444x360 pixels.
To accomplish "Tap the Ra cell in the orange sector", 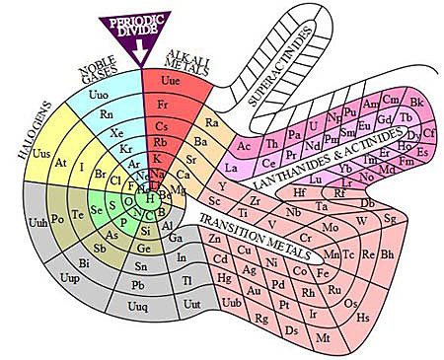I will (x=211, y=122).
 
